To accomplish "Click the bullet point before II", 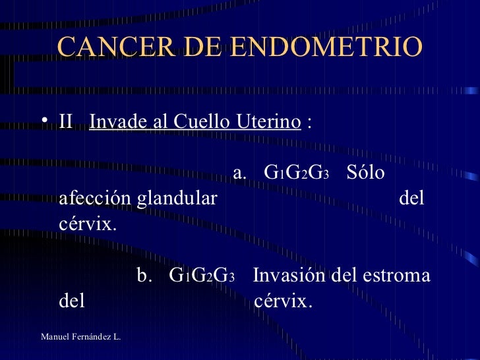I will click(43, 122).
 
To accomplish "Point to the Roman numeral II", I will click(65, 122).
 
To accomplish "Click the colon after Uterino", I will click(310, 123).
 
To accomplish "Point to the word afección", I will click(95, 198).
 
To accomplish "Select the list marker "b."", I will click(145, 276).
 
